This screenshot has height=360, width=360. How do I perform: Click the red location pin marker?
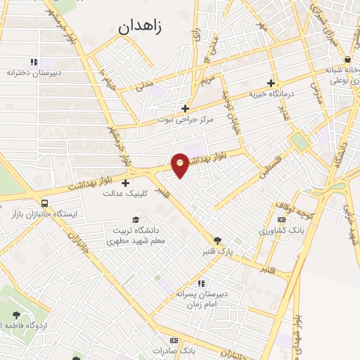click(181, 165)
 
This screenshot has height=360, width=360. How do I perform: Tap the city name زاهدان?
click(140, 27)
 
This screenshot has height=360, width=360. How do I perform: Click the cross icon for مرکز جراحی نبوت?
click(185, 108)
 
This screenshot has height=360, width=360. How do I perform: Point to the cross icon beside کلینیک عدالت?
click(126, 184)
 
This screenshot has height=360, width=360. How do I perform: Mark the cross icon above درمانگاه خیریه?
click(271, 83)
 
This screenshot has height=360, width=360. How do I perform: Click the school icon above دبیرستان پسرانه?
click(201, 283)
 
